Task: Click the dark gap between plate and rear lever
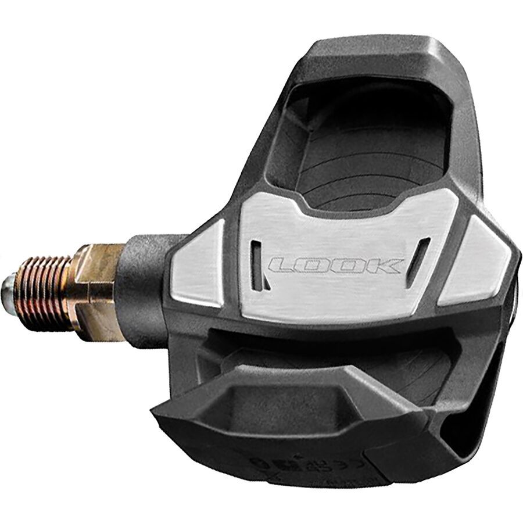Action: pos(325,343)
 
